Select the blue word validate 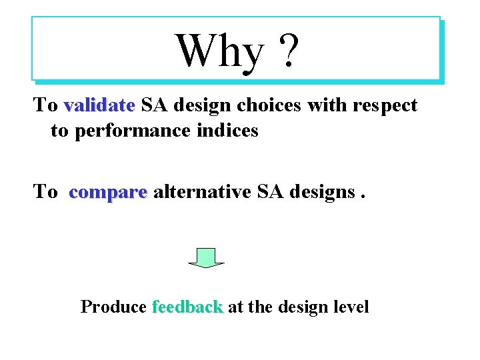(99, 105)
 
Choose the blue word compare (107, 192)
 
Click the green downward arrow (207, 257)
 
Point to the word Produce (113, 307)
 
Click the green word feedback (187, 307)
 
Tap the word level (350, 307)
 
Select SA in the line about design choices (154, 105)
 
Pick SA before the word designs (269, 192)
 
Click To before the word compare (45, 192)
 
